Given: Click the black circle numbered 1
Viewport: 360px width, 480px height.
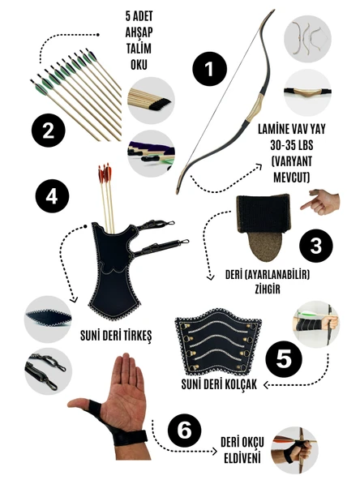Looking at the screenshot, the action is tap(210, 69).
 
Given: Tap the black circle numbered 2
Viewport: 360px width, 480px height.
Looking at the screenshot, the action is tap(49, 131).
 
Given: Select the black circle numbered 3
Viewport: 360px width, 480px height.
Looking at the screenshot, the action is tap(316, 246).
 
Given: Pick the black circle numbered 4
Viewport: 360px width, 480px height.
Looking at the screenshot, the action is tap(52, 196).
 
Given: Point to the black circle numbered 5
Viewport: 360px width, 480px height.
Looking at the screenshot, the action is tap(284, 358).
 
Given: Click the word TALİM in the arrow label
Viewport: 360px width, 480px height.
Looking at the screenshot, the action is tap(139, 49).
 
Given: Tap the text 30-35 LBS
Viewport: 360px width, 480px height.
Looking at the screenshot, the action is tap(291, 145).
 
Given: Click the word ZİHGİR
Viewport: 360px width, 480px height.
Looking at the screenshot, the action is tap(268, 289).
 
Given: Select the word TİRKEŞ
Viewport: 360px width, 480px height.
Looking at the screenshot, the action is tap(133, 336).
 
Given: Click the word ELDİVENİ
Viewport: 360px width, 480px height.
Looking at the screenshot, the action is tap(242, 458).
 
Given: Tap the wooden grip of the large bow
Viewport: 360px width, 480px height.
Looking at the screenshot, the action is tap(256, 106).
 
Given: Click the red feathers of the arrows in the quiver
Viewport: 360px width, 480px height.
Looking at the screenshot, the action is tap(105, 174).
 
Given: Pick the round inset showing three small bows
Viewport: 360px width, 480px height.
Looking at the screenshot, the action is tap(307, 39).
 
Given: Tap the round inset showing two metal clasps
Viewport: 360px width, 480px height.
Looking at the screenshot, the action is tap(48, 371).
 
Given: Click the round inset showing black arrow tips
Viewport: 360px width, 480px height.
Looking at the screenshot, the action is tap(151, 101).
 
